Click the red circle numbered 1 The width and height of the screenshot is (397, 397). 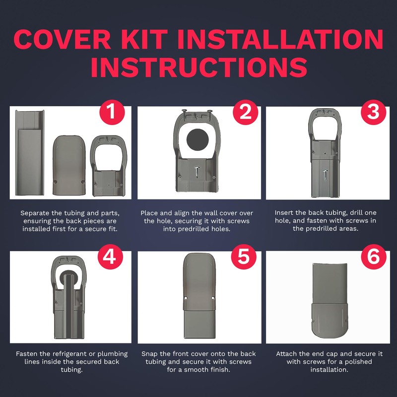[x=112, y=113]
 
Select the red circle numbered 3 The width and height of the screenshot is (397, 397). [x=373, y=113]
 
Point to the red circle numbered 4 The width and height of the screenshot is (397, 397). [x=112, y=258]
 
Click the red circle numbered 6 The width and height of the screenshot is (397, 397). [x=373, y=258]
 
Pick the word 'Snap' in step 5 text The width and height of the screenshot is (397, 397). [x=151, y=354]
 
